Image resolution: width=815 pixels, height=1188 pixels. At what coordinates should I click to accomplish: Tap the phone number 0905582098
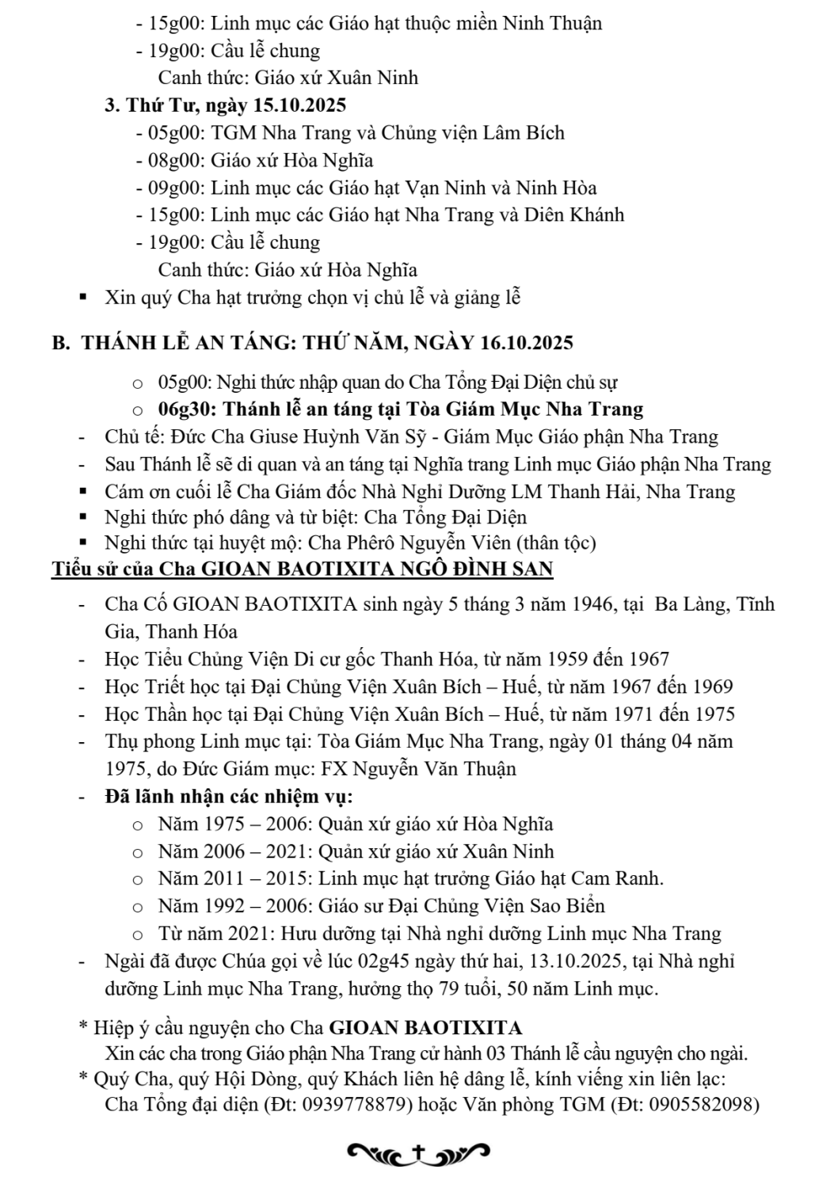click(700, 1104)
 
